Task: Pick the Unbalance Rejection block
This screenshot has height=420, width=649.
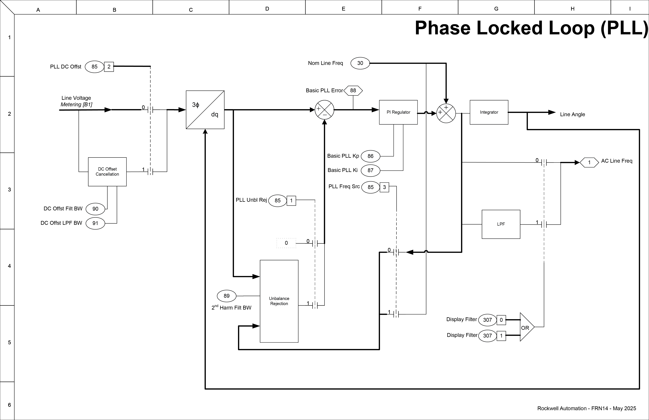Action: (279, 301)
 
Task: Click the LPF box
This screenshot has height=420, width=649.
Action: (501, 224)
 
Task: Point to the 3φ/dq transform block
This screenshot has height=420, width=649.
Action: (205, 110)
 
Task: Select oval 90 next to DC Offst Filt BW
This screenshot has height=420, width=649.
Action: (95, 209)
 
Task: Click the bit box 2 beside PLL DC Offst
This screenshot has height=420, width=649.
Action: (109, 67)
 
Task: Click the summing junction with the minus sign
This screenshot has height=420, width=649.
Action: (324, 110)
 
